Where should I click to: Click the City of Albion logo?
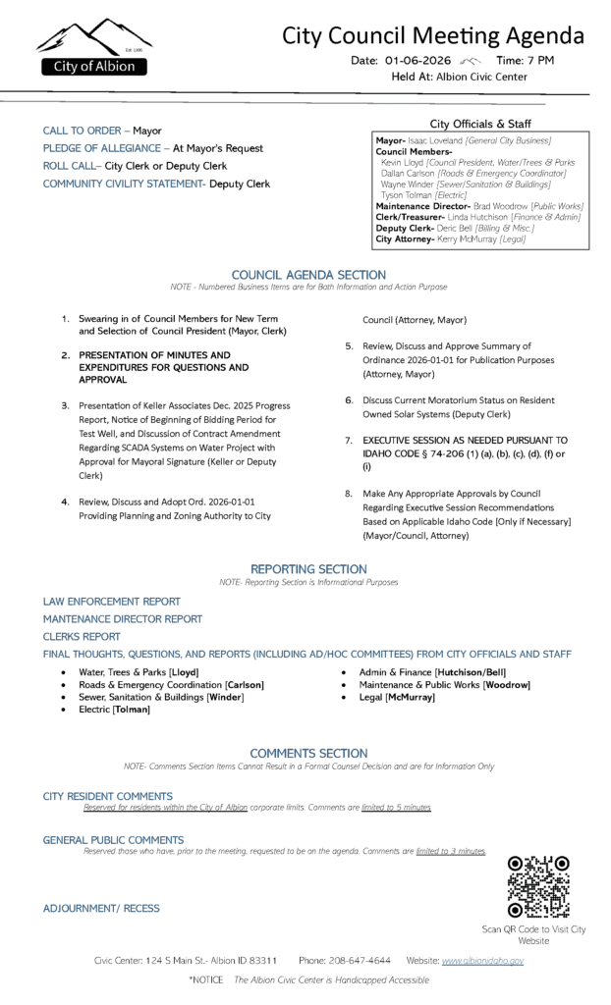coord(92,48)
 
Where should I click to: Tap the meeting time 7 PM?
coord(542,61)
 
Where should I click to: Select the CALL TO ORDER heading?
coord(82,131)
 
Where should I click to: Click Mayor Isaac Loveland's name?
coord(431,141)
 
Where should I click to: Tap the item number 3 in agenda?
coord(65,404)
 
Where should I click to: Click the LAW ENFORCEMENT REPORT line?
coord(111,601)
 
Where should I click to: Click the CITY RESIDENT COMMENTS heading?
coord(108,796)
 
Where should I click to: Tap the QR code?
coord(537,886)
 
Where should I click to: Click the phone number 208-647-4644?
coord(360,960)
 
